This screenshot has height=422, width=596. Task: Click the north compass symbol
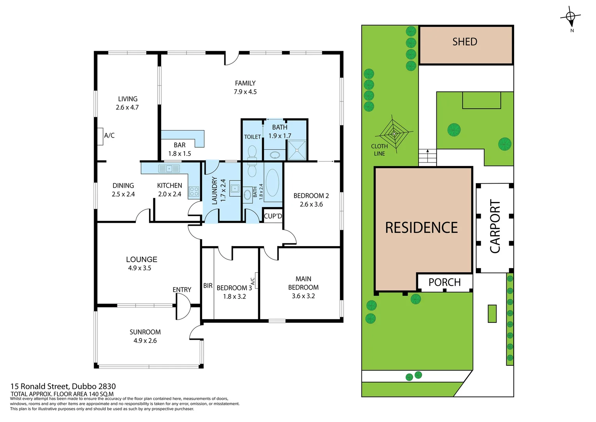point(571,17)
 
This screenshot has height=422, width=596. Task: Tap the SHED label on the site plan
point(465,42)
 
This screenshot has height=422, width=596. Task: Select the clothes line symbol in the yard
point(394,134)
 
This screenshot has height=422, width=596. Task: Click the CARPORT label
point(495,227)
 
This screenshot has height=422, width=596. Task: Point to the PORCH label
point(444,282)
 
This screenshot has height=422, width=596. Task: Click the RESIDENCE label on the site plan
point(421,228)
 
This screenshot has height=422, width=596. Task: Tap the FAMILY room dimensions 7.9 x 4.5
point(245,92)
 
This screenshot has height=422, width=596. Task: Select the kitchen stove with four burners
point(194,191)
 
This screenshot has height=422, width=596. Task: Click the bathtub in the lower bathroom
point(272,183)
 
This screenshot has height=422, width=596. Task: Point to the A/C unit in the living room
point(100,136)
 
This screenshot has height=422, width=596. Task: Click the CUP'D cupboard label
point(273,216)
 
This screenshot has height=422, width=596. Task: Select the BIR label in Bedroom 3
point(208,286)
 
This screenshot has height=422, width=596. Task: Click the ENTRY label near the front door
point(182,290)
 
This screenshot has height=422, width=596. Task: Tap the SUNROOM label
point(145,332)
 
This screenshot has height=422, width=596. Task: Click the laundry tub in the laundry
point(235,188)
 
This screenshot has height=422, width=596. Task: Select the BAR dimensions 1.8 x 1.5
point(179,154)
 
